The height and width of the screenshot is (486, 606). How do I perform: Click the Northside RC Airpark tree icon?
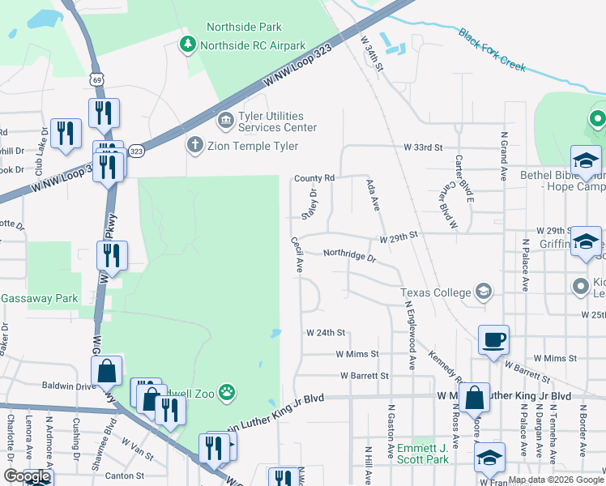pos(188,44)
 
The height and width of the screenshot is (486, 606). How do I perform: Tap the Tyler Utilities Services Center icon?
pos(224,122)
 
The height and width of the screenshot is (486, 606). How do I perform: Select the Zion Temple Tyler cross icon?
pos(194,146)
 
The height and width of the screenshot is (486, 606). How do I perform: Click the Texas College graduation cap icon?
pos(484,292)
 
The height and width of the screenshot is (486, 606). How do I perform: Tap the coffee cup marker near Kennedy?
pos(493,341)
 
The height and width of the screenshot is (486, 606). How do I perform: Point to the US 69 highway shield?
pos(97,79)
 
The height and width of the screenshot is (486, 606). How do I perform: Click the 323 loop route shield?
pos(137,151)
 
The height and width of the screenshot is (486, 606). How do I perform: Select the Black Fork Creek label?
pos(492,49)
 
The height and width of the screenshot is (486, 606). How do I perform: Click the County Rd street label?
pos(314,177)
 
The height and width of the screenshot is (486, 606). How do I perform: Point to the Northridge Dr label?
pos(350,254)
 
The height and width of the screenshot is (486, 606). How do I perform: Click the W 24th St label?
pos(326,333)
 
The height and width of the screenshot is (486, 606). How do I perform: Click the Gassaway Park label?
pos(39,299)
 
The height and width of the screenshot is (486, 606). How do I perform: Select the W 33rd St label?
pos(424,147)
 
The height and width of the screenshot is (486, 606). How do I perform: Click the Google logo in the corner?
pos(27,476)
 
